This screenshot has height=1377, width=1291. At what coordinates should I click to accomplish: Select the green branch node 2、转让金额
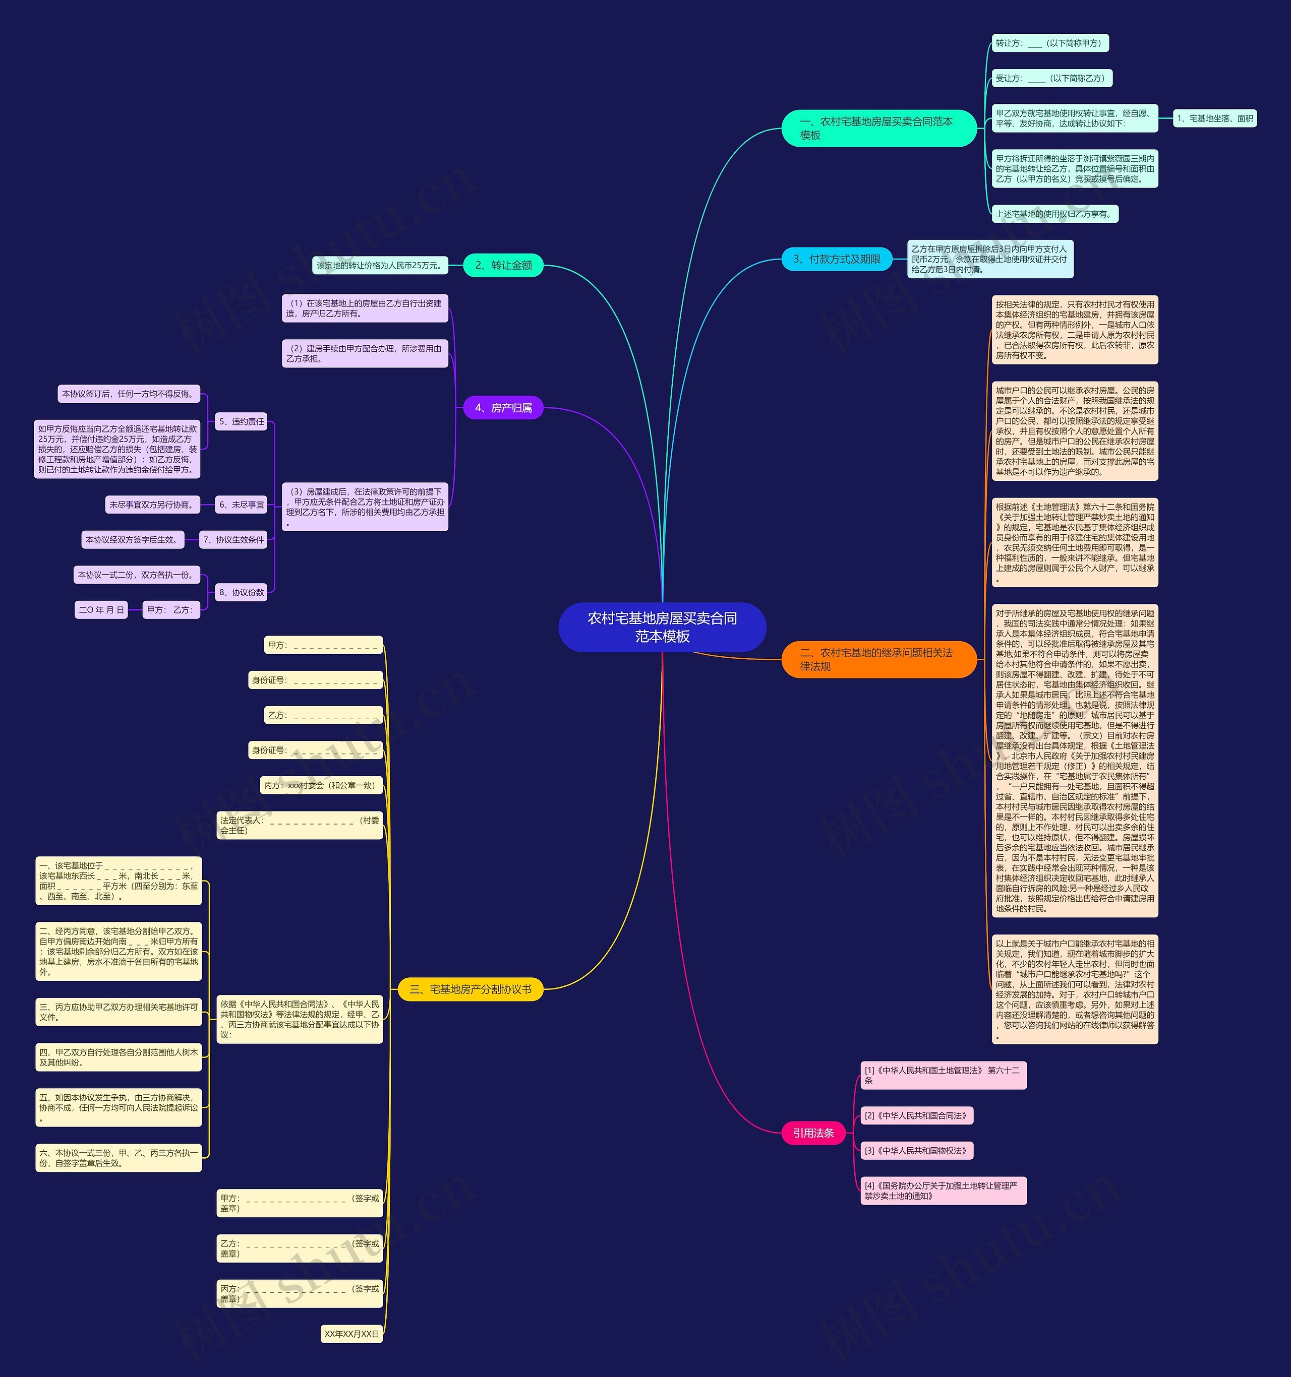503,265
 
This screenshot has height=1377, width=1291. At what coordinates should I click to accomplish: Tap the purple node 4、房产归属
503,408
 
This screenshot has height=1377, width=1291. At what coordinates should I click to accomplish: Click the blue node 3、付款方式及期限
837,259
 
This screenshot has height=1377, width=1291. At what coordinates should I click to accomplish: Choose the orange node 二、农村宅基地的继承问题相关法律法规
878,659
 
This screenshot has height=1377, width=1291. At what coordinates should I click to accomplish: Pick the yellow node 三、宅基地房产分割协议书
471,989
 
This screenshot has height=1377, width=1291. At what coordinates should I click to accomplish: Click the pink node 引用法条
813,1133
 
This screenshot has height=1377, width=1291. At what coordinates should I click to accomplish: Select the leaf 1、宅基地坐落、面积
1215,118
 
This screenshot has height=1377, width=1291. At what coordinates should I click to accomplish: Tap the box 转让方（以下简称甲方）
1049,43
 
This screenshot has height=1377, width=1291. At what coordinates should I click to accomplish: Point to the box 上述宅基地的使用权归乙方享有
1054,214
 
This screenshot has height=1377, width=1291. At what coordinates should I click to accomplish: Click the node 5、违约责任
241,421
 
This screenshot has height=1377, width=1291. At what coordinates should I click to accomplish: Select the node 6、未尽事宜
241,505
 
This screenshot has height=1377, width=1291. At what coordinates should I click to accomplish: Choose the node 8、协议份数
241,592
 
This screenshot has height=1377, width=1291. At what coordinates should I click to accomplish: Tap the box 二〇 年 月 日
101,609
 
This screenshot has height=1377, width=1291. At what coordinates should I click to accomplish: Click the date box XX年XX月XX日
352,1333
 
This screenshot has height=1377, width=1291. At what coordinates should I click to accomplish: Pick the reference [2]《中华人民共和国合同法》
917,1115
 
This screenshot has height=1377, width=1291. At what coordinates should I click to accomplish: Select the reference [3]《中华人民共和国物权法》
917,1151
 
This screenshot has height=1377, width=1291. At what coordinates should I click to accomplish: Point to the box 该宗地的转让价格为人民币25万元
380,265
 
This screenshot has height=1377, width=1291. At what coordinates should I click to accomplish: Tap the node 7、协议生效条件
233,540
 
